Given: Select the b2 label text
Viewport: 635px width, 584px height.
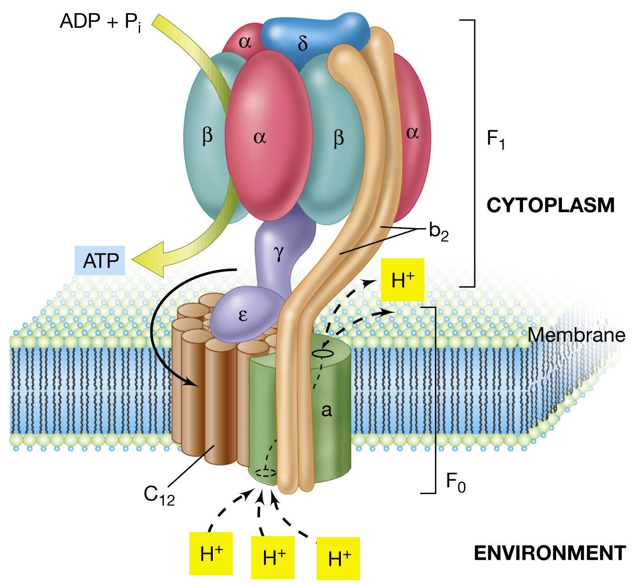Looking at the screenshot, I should (x=438, y=233).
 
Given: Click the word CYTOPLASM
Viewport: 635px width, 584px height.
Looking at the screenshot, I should (x=550, y=205).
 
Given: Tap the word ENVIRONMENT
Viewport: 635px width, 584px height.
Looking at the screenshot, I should (x=549, y=553).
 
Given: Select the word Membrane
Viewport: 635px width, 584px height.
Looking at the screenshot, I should (x=576, y=335).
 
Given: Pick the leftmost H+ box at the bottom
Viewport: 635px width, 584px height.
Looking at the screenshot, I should (x=212, y=555).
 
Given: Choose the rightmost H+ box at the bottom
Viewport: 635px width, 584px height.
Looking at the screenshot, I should (x=338, y=559).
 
